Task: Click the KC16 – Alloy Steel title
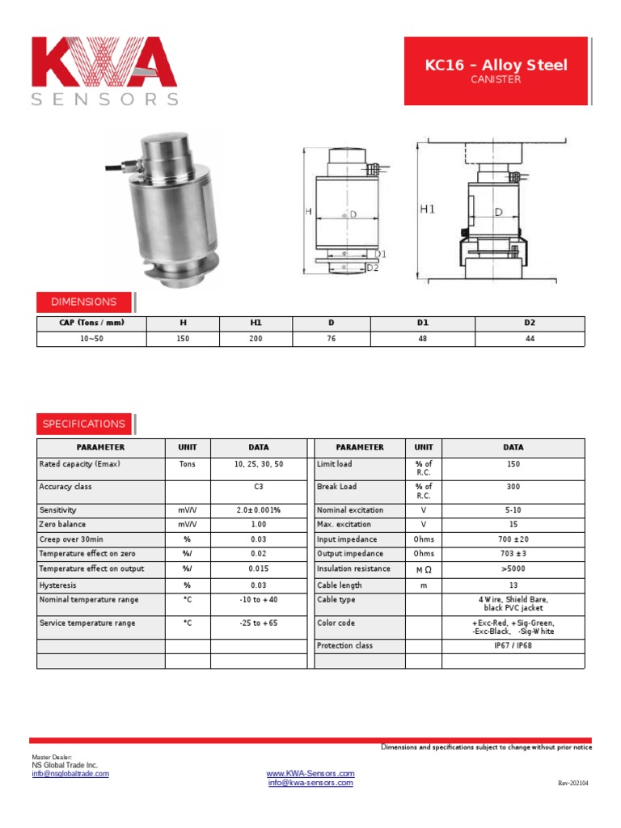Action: click(x=496, y=65)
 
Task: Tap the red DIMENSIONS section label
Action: click(x=84, y=302)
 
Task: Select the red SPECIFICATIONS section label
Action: click(x=84, y=424)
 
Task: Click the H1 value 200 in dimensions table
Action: click(x=256, y=339)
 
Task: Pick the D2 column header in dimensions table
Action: click(x=530, y=323)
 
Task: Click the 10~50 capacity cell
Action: click(x=91, y=339)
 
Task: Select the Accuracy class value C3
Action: click(x=259, y=487)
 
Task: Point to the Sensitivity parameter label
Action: click(x=57, y=510)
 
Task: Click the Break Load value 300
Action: click(x=513, y=487)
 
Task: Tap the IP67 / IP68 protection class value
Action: click(x=513, y=646)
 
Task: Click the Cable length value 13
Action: click(x=513, y=585)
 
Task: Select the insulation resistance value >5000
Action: click(x=513, y=568)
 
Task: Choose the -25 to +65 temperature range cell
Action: click(x=259, y=623)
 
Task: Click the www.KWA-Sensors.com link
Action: click(x=310, y=774)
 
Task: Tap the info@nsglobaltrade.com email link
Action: click(x=70, y=774)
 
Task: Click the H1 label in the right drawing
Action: click(x=428, y=209)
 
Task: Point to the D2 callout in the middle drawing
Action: click(x=373, y=268)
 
